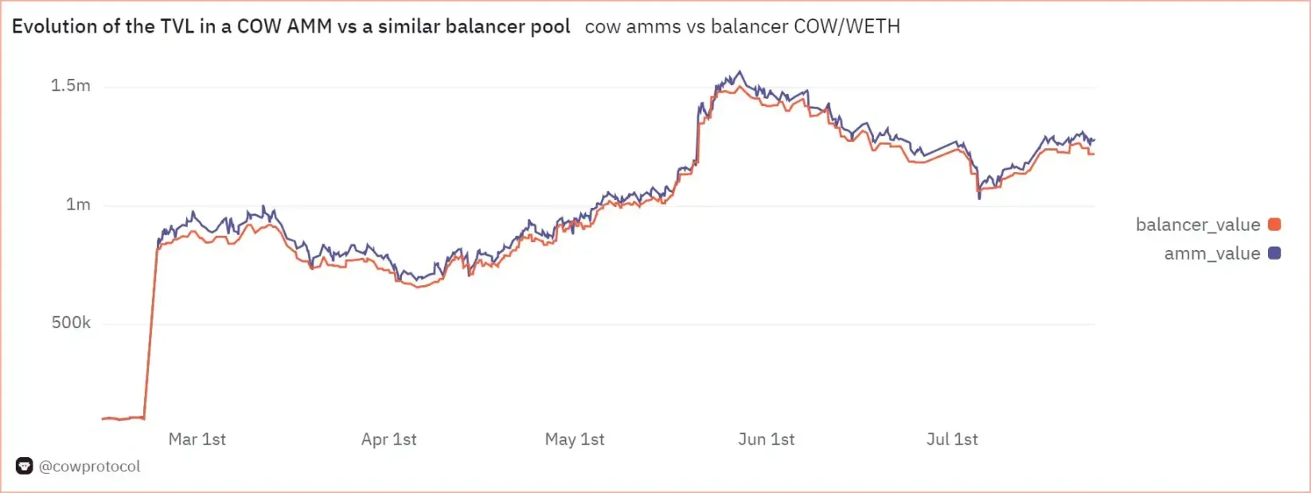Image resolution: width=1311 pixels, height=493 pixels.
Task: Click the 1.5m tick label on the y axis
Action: pos(71,86)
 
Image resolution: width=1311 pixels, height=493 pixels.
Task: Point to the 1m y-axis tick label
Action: pos(78,205)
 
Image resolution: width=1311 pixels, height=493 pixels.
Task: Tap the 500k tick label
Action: pos(71,323)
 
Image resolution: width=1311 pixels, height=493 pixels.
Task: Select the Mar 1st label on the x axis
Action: pos(197,440)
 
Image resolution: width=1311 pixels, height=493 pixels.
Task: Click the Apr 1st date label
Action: pos(388,440)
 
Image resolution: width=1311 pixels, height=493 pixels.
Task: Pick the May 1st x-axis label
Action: pos(575,440)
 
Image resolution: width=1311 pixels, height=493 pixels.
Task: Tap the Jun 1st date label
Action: pos(766,440)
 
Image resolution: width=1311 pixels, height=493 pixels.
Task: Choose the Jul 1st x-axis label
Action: pos(952,440)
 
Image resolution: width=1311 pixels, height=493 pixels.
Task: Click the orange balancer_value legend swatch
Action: pos(1274,225)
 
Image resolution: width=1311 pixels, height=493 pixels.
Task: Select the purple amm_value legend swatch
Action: pos(1274,253)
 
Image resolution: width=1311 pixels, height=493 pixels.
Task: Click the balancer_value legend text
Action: pos(1197,225)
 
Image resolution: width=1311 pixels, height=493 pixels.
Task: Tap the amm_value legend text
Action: pos(1212,253)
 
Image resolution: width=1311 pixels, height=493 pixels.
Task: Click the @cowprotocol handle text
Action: pos(90,467)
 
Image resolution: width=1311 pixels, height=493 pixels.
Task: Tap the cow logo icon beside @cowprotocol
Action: pos(24,467)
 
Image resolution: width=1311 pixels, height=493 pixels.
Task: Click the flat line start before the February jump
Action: pos(105,418)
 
